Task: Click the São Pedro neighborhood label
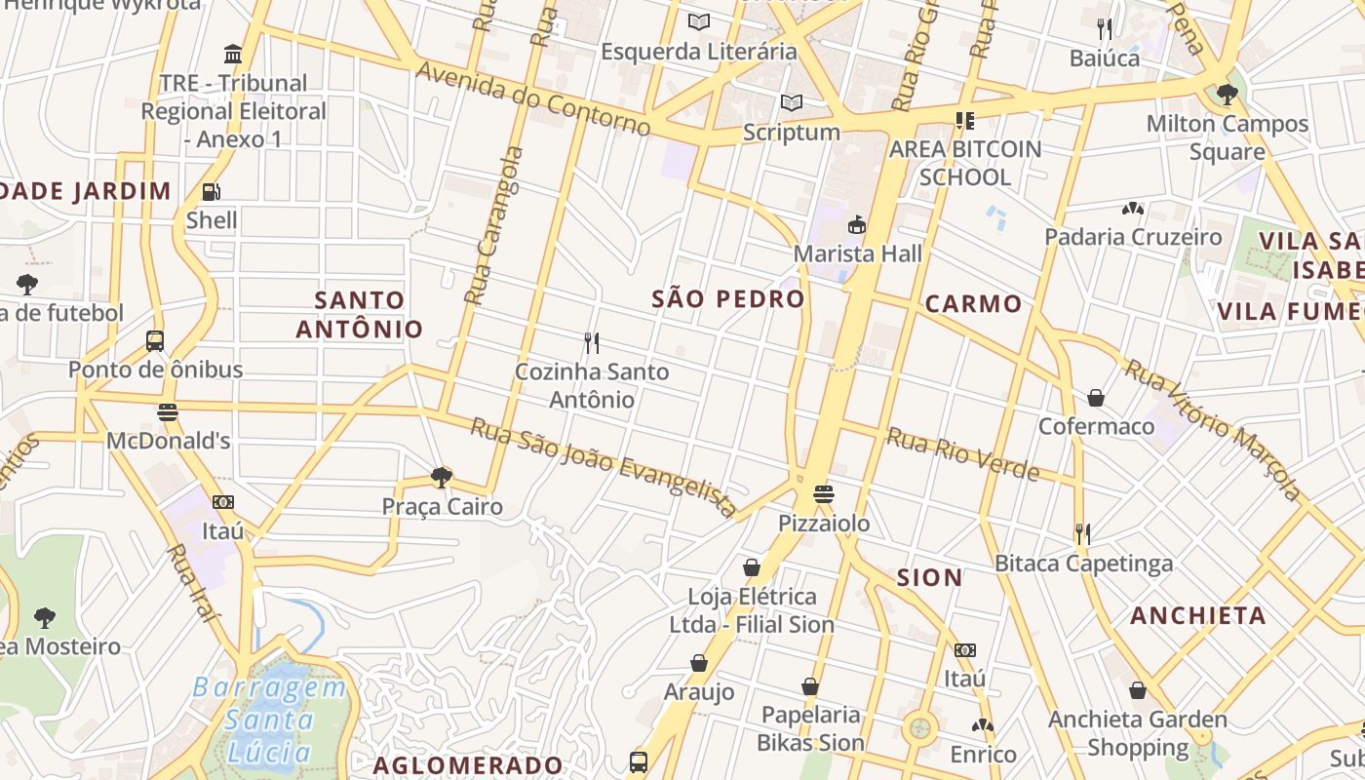pos(728,299)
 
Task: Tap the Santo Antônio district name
pos(359,314)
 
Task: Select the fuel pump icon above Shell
pos(211,192)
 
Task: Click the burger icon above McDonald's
pos(168,412)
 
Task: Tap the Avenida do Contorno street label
pos(533,98)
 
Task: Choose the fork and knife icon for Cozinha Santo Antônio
pos(591,343)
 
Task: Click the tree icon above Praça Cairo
pos(442,478)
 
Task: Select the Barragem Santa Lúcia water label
pos(268,720)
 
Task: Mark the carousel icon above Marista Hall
pos(856,225)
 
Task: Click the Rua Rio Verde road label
pos(962,454)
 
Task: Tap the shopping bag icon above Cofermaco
pos(1096,398)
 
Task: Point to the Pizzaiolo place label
pos(824,524)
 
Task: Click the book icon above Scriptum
pos(792,102)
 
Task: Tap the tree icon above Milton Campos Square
pos(1227,95)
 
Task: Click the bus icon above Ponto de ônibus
pos(155,341)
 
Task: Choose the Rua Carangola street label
pos(494,225)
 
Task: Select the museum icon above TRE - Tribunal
pos(233,54)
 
